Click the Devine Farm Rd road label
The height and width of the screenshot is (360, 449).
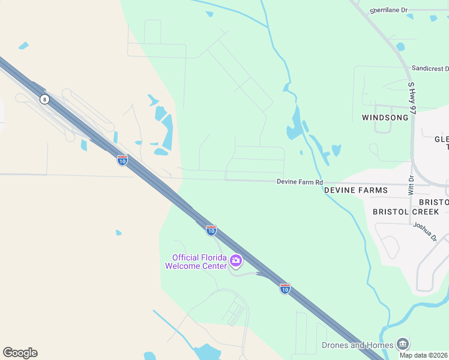pyautogui.click(x=300, y=182)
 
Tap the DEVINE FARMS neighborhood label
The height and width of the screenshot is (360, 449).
pyautogui.click(x=356, y=190)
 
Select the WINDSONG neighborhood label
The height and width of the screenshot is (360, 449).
pyautogui.click(x=385, y=118)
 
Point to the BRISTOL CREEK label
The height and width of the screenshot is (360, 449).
pyautogui.click(x=406, y=212)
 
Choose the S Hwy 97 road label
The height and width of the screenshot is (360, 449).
pyautogui.click(x=411, y=99)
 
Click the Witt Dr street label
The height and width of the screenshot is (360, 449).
pyautogui.click(x=411, y=184)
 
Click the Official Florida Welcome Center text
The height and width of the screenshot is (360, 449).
pyautogui.click(x=196, y=262)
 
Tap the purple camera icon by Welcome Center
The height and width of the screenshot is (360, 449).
pyautogui.click(x=236, y=261)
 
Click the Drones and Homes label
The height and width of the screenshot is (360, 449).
pyautogui.click(x=358, y=345)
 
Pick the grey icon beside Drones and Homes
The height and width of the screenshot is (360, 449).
pyautogui.click(x=403, y=344)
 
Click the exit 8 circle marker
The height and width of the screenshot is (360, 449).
pyautogui.click(x=44, y=99)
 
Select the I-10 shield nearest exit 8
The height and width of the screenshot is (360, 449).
pyautogui.click(x=122, y=160)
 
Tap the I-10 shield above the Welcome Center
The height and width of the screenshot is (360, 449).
pyautogui.click(x=211, y=230)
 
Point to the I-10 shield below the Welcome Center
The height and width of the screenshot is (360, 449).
pyautogui.click(x=285, y=289)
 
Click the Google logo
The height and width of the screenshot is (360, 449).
pyautogui.click(x=20, y=353)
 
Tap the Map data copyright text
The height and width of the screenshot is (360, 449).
pyautogui.click(x=424, y=355)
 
